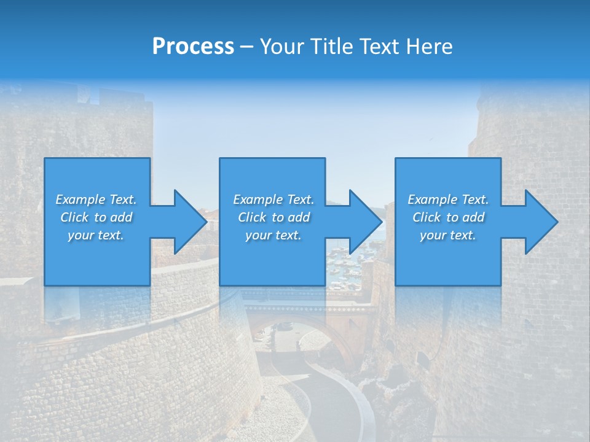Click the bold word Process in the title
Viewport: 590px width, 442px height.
(193, 47)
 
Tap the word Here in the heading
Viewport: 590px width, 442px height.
(429, 47)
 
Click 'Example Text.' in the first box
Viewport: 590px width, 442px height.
(96, 200)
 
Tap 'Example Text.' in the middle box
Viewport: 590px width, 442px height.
(273, 200)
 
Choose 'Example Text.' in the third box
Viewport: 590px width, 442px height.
(448, 200)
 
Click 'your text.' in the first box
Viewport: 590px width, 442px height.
(96, 235)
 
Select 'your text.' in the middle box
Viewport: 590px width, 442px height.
(273, 235)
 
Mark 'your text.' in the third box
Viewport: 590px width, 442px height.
(448, 235)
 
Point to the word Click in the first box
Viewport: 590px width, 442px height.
(74, 217)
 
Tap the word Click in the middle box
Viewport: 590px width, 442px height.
(252, 217)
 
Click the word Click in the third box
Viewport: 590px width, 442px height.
(427, 217)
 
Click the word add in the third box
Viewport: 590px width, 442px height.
(473, 217)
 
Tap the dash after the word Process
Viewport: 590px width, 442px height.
(247, 47)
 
